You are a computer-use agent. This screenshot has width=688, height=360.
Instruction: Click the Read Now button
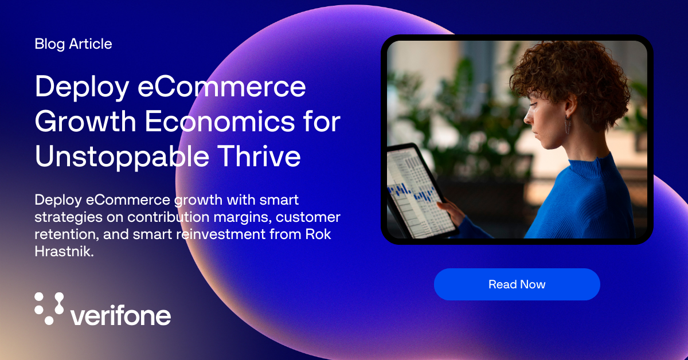(x=517, y=284)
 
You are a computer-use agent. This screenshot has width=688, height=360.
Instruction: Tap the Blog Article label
(x=73, y=44)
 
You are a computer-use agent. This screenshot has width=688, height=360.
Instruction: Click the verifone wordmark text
(x=120, y=315)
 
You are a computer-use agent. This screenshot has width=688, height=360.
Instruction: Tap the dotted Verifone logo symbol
(x=49, y=308)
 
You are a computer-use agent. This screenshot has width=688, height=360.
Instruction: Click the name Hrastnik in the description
(x=64, y=252)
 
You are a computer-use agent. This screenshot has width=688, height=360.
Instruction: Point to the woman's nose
(x=527, y=116)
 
